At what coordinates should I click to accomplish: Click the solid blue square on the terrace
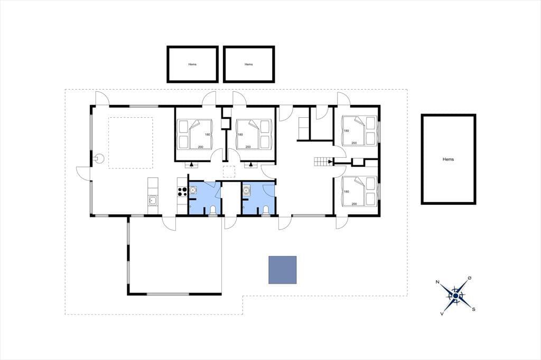(283, 270)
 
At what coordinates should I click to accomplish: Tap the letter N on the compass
(437, 282)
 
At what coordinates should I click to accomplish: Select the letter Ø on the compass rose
(469, 278)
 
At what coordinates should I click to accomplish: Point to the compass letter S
(474, 309)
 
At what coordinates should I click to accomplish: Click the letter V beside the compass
(442, 314)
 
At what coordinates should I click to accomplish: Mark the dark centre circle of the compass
(455, 296)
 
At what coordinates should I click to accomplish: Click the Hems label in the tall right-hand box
(448, 159)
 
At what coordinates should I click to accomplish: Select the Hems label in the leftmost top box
(192, 64)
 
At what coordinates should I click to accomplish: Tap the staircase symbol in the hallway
(321, 162)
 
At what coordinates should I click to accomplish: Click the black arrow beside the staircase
(331, 162)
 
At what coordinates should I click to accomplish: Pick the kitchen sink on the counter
(153, 200)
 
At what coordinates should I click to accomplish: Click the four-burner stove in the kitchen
(182, 192)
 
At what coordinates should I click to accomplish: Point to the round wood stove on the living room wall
(99, 158)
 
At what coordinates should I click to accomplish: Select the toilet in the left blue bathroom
(212, 210)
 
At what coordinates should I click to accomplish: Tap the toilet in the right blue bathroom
(266, 210)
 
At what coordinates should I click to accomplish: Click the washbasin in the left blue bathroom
(193, 190)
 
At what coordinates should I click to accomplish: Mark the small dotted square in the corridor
(229, 172)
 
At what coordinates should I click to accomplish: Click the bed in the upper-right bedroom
(359, 131)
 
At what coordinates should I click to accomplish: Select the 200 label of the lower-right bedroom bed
(354, 204)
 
